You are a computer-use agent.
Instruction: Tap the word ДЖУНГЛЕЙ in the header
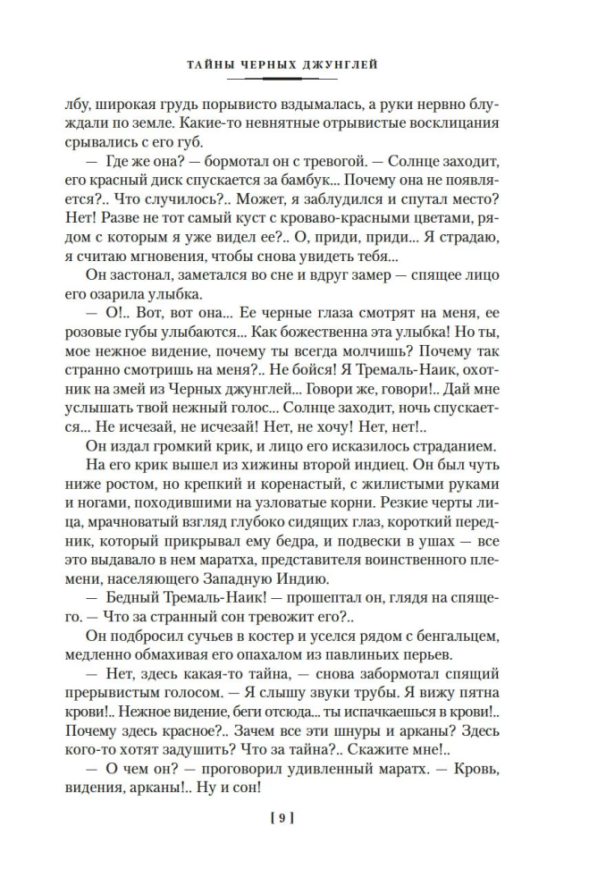point(345,64)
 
